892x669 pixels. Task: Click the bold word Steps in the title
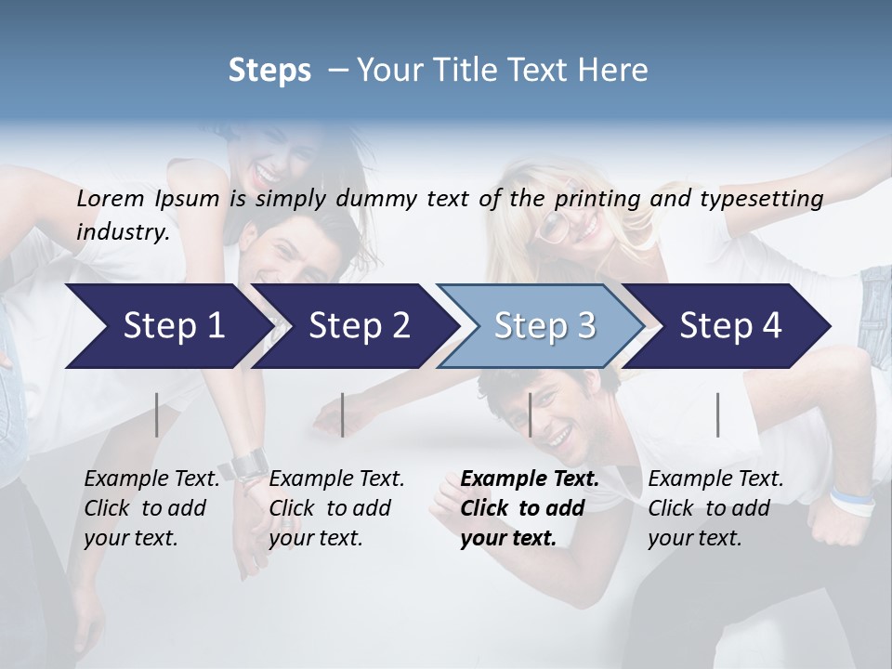[269, 71]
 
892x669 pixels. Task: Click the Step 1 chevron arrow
[167, 326]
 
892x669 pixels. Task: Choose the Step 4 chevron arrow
[729, 326]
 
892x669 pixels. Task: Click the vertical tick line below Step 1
[157, 414]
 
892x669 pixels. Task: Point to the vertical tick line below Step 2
[343, 414]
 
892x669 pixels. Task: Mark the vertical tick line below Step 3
[530, 414]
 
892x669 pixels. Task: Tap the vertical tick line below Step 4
[717, 414]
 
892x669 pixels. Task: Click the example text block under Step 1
[151, 508]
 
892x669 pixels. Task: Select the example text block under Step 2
[336, 508]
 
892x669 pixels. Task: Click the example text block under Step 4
[715, 508]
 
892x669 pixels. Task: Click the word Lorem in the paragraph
[111, 199]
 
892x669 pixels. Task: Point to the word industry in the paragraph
[123, 232]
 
